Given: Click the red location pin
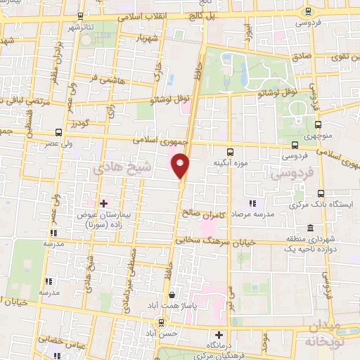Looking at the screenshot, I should [181, 165].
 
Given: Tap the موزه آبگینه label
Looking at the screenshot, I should [231, 162].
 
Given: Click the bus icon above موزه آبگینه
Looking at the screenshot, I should [231, 151].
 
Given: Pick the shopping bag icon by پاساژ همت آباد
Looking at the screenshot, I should [170, 296].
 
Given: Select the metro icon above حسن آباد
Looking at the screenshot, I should [162, 323].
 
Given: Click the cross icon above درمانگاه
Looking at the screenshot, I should [220, 335].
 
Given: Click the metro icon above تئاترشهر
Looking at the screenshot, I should [79, 15].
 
